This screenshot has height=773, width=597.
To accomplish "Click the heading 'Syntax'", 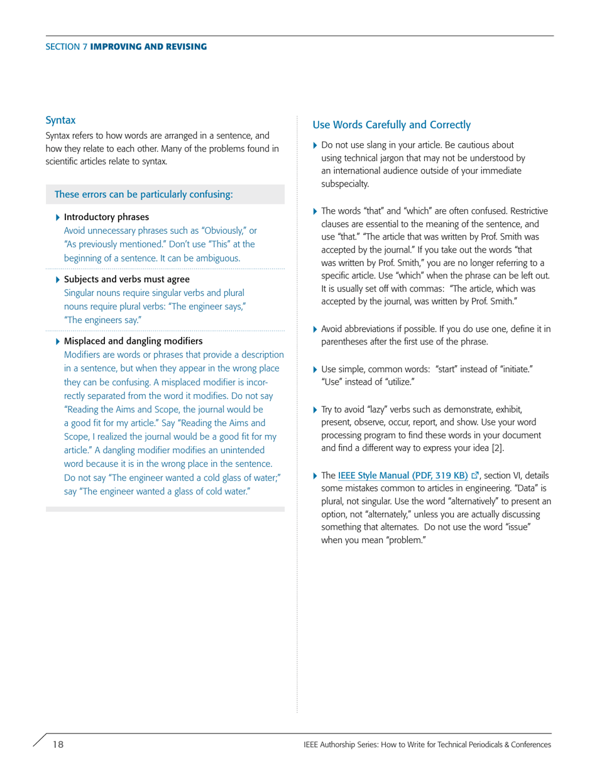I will (x=60, y=119).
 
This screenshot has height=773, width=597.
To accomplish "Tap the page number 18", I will (x=58, y=744).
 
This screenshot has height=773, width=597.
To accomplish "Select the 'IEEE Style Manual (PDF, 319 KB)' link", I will (x=402, y=474).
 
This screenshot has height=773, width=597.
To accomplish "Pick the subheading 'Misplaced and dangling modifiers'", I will (x=133, y=341).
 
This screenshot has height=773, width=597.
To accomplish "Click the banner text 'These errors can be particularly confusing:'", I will (x=144, y=194).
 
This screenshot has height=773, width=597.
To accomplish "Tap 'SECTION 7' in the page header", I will (x=67, y=47).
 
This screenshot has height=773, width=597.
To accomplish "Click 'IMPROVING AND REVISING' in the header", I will (x=148, y=47).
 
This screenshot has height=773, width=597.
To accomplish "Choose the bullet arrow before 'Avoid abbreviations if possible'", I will (x=315, y=329).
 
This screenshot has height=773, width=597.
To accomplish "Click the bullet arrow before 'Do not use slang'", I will (x=315, y=145).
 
